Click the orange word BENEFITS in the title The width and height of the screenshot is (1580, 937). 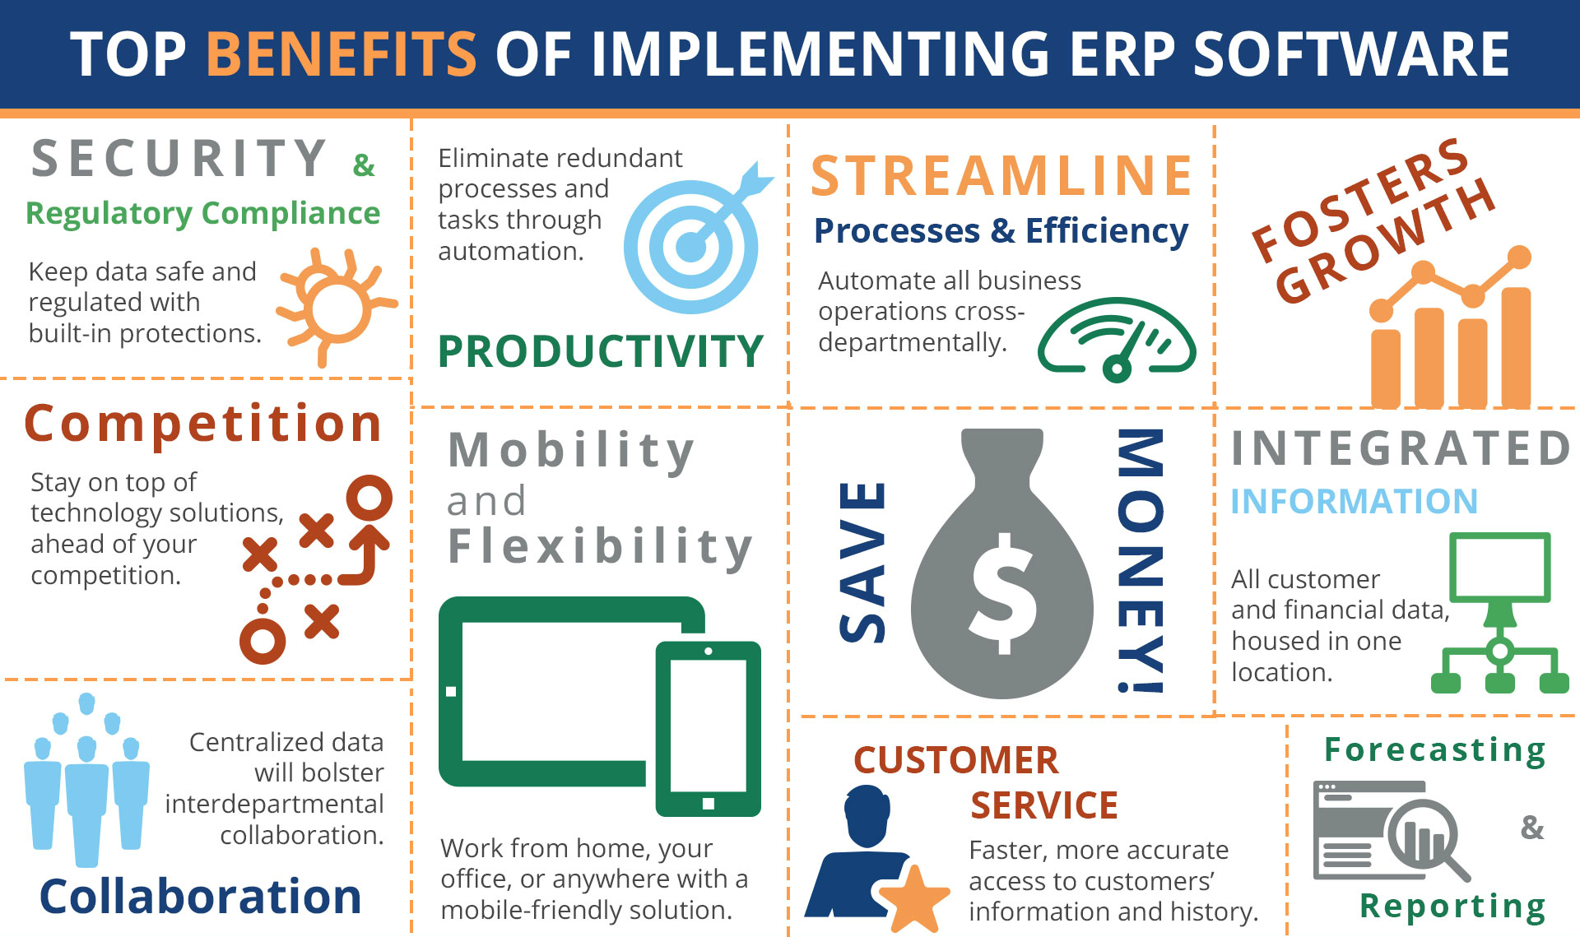[x=341, y=54]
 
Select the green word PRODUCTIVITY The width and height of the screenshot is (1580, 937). [x=601, y=351]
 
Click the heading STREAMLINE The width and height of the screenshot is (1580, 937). [x=1001, y=176]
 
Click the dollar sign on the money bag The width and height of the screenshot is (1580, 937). [x=1003, y=592]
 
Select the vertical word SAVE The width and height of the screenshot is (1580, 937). [x=862, y=561]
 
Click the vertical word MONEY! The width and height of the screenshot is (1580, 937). [x=1141, y=561]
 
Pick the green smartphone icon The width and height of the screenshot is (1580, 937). [x=708, y=729]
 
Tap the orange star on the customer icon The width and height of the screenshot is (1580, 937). [x=913, y=898]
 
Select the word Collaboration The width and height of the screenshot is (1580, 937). [x=201, y=896]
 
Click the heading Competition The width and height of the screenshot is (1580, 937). [x=203, y=424]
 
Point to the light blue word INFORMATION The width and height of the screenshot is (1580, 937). [x=1354, y=501]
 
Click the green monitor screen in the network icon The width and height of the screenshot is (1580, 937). [x=1499, y=567]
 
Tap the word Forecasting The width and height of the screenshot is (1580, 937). [x=1434, y=750]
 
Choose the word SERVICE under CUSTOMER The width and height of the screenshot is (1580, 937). [x=1043, y=805]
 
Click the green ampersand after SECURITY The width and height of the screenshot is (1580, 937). [x=363, y=165]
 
